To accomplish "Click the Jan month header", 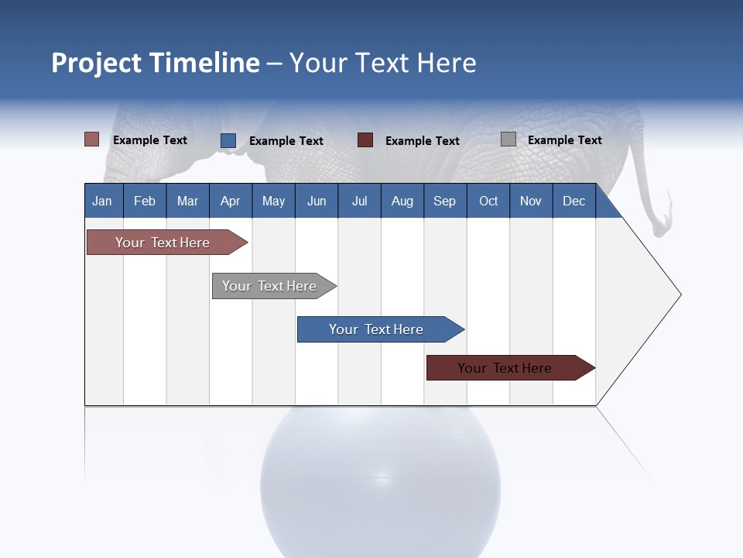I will (103, 201).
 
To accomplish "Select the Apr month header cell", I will (231, 201).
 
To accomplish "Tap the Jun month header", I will (317, 201).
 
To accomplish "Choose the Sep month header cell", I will (445, 201).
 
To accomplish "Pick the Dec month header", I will (574, 201).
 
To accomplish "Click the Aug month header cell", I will (402, 201).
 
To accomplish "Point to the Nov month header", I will (531, 201).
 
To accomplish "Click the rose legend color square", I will (92, 139).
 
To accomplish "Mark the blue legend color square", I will (228, 140).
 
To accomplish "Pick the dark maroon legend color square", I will (365, 140).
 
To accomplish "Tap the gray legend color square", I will (508, 139).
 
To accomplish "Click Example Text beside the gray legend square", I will (564, 140).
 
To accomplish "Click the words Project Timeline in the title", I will (156, 63).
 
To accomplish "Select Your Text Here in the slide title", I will (382, 63).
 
